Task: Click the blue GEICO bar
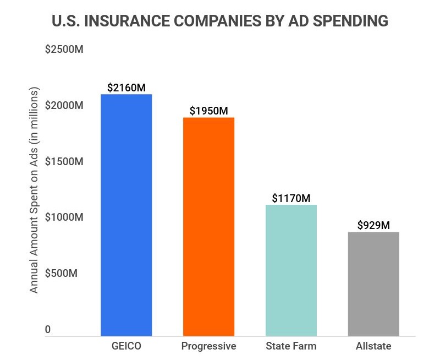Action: click(126, 215)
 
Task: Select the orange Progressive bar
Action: click(208, 226)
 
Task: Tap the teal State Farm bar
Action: click(291, 270)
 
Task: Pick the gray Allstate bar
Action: click(373, 283)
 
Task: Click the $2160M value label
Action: click(126, 88)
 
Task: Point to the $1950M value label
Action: click(208, 111)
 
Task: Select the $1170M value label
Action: click(291, 198)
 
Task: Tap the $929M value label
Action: click(373, 225)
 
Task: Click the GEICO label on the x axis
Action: click(126, 346)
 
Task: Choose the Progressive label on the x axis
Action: click(208, 346)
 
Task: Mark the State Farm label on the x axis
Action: click(291, 346)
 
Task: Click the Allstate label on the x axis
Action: click(373, 346)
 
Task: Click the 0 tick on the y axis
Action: click(48, 329)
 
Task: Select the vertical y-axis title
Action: click(34, 189)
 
